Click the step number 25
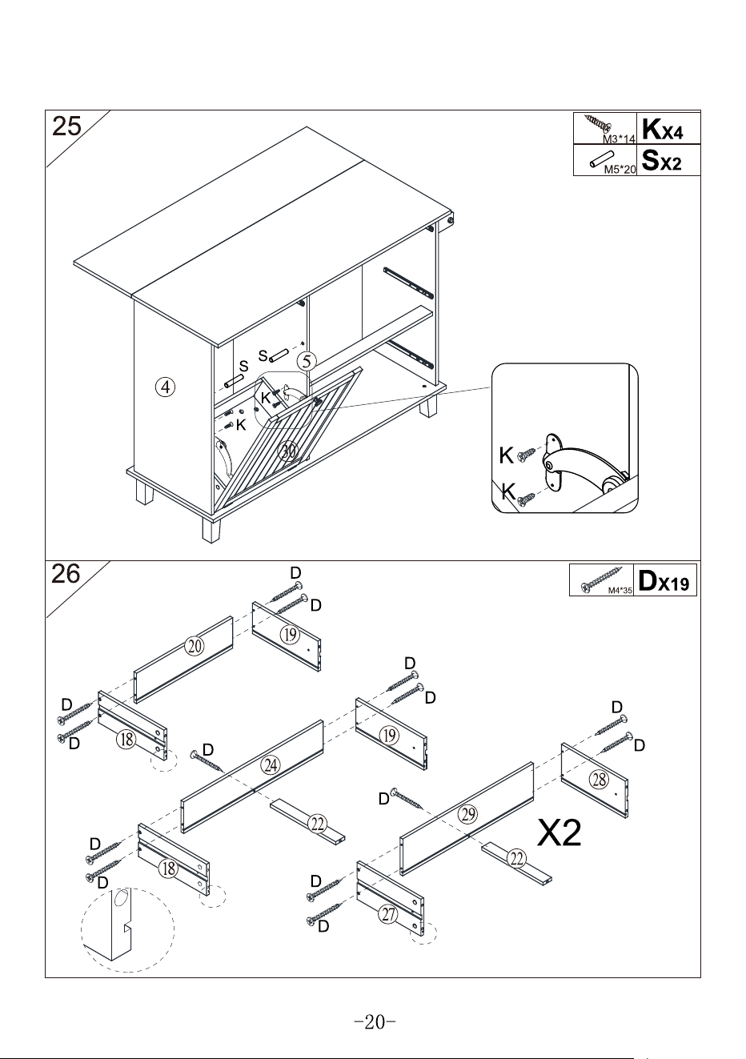[66, 126]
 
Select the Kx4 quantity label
[662, 129]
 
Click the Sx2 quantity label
[662, 160]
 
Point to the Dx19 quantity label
[664, 580]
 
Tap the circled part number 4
[165, 387]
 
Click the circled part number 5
[307, 361]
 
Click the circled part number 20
[195, 646]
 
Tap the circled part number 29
[468, 814]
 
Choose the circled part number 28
[599, 779]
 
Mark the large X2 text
[559, 833]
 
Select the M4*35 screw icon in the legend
[601, 580]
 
